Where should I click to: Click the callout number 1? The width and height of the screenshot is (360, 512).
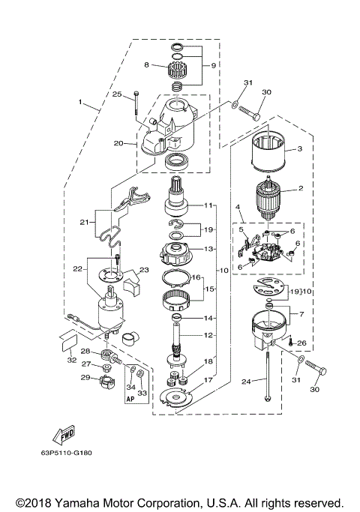click(79, 100)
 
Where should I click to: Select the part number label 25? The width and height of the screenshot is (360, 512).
click(117, 94)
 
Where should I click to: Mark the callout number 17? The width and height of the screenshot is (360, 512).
click(208, 380)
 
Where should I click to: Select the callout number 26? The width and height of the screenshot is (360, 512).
click(301, 344)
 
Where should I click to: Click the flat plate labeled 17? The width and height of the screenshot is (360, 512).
click(175, 397)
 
